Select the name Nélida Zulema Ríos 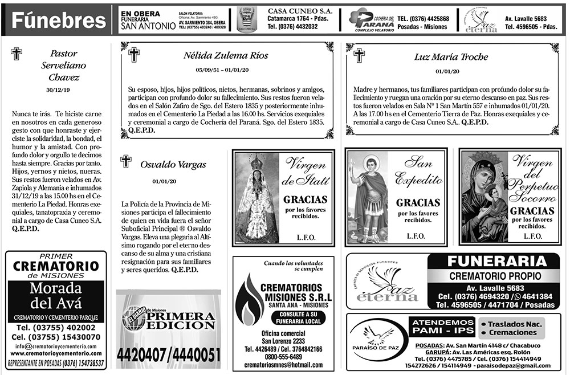point(226,56)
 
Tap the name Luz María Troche point(451,57)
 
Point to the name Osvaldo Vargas point(173,165)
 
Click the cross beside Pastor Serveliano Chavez point(17,54)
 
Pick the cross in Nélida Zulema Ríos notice point(134,55)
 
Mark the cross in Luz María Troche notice point(359,55)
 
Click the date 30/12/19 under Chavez point(56,90)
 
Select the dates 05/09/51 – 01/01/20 point(226,70)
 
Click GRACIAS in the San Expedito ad point(418,202)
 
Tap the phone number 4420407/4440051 point(168,356)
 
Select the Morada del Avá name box point(55,295)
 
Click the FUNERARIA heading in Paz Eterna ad point(497,262)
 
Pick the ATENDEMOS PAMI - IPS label point(443,327)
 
